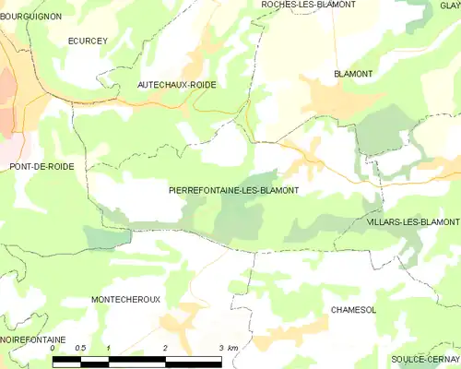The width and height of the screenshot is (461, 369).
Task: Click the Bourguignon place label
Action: pyautogui.click(x=30, y=16)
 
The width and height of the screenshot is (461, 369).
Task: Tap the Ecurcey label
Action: pyautogui.click(x=88, y=42)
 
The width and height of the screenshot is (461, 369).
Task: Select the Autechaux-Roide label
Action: pyautogui.click(x=177, y=84)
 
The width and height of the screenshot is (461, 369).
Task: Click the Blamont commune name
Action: pyautogui.click(x=352, y=73)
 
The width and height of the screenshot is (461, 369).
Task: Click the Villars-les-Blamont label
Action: pyautogui.click(x=412, y=222)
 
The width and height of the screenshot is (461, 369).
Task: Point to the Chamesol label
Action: pyautogui.click(x=353, y=311)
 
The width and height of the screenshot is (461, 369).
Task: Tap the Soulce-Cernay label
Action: pyautogui.click(x=425, y=358)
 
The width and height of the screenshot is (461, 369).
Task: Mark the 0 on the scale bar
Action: pyautogui.click(x=53, y=348)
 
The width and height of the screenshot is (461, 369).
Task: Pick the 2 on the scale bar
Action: pyautogui.click(x=165, y=348)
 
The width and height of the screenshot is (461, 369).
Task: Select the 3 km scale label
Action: pyautogui.click(x=228, y=348)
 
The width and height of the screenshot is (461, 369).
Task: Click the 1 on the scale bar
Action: pyautogui.click(x=109, y=348)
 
